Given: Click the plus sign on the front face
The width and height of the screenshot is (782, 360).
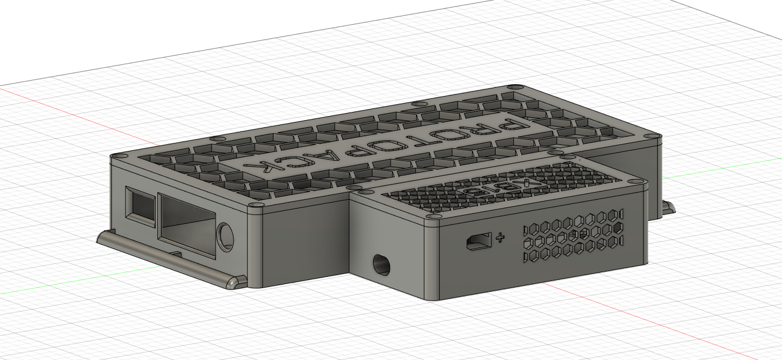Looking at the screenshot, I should click(x=501, y=238).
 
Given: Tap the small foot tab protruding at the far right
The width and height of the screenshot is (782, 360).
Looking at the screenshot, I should click(x=668, y=207).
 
